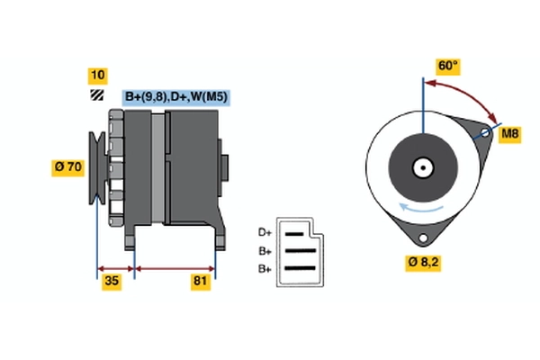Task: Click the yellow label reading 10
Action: click(x=98, y=76)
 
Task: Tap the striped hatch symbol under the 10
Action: click(x=97, y=95)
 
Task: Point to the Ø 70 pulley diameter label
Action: click(x=67, y=167)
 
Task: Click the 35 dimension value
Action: click(x=112, y=282)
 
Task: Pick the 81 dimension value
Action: click(x=201, y=282)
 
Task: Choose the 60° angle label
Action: click(x=447, y=66)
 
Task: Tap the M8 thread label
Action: click(x=510, y=134)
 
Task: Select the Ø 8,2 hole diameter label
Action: click(x=423, y=263)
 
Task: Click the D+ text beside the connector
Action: click(x=265, y=233)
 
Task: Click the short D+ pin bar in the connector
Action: click(x=294, y=234)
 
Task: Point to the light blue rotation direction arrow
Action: click(x=421, y=208)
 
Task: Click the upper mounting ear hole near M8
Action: click(x=485, y=132)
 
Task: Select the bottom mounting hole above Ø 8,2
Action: click(x=423, y=238)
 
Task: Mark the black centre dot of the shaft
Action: click(x=423, y=167)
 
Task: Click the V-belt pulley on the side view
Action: click(x=97, y=167)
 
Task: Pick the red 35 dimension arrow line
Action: click(x=116, y=269)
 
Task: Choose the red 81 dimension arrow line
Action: click(x=175, y=269)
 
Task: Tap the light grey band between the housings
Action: click(x=158, y=168)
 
